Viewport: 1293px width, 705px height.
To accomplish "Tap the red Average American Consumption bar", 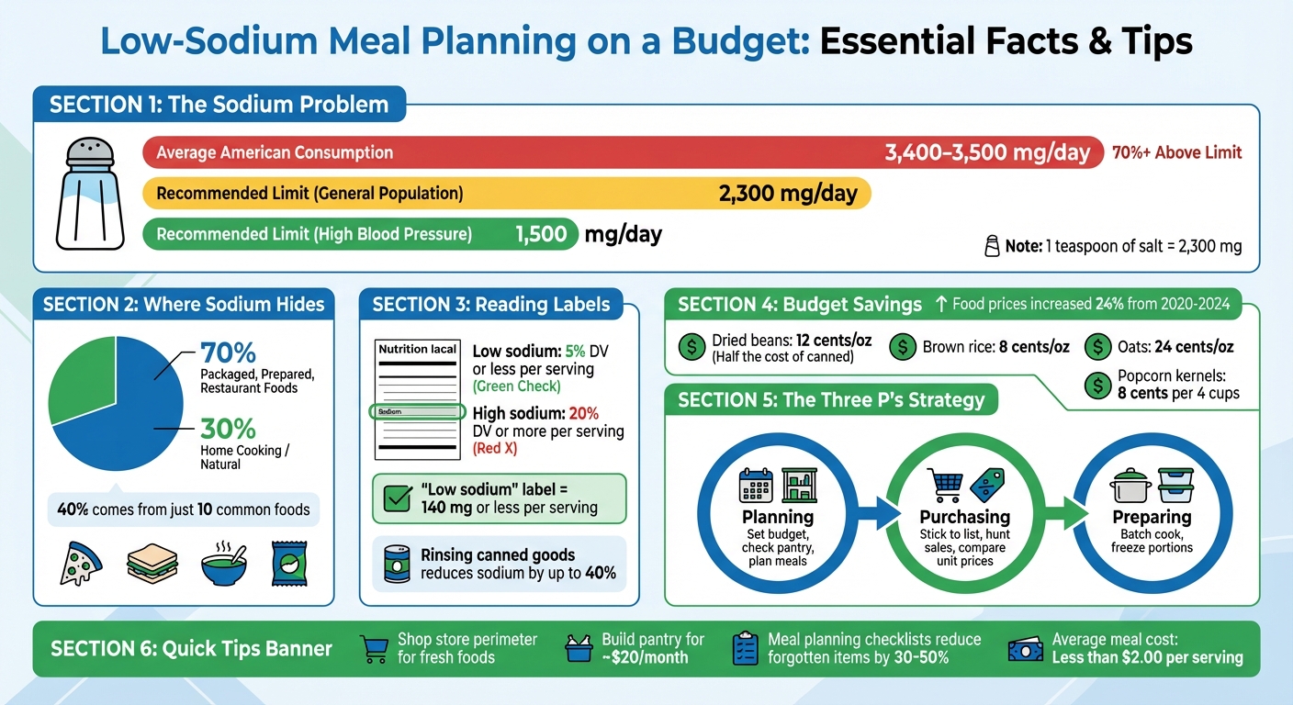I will click(514, 152).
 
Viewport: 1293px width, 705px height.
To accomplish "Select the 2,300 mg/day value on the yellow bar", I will click(786, 194).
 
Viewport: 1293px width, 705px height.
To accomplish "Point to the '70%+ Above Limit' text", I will click(1176, 152).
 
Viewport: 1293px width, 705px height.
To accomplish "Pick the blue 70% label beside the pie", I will click(228, 353).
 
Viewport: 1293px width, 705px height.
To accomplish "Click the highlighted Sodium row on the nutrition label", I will click(416, 412).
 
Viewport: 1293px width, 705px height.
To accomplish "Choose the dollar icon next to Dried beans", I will click(690, 346).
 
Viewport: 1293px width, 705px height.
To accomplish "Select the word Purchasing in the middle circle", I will click(964, 517).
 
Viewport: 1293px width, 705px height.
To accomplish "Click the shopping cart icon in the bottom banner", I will click(374, 649).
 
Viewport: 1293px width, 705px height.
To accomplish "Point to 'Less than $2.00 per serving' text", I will click(1147, 657).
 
